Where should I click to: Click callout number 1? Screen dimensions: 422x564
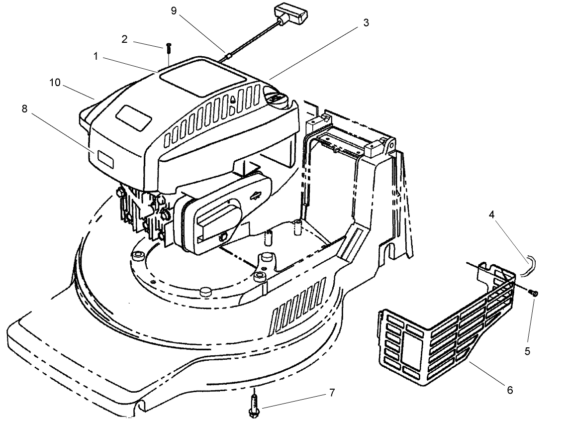95,57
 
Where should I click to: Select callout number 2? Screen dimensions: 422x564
124,39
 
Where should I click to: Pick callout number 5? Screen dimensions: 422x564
527,351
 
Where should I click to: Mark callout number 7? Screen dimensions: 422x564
332,393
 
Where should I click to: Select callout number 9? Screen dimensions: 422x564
174,11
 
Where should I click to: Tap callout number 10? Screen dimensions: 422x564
55,83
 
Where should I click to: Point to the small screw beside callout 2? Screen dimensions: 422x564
169,48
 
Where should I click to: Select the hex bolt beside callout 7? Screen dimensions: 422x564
254,404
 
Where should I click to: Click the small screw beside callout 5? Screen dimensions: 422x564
533,294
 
